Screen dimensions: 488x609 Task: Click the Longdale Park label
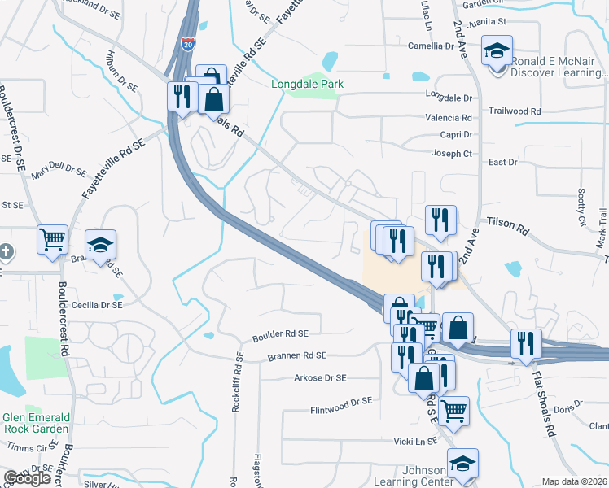pos(307,84)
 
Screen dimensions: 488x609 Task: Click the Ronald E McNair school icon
pos(497,51)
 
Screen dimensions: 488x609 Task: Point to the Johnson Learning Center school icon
pos(462,464)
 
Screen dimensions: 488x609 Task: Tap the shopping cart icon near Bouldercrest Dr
pos(52,240)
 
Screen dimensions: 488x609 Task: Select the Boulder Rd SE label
pos(280,333)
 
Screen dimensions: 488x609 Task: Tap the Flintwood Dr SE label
pos(340,402)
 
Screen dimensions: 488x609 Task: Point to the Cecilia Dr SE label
pos(97,305)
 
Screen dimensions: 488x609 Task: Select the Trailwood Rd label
pos(515,111)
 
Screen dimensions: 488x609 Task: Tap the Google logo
pos(27,478)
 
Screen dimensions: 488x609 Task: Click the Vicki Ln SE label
pos(415,440)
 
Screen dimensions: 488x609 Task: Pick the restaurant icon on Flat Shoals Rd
pos(526,344)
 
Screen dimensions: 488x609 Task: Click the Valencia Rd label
pos(449,117)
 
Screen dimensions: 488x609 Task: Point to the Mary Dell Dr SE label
pos(59,172)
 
